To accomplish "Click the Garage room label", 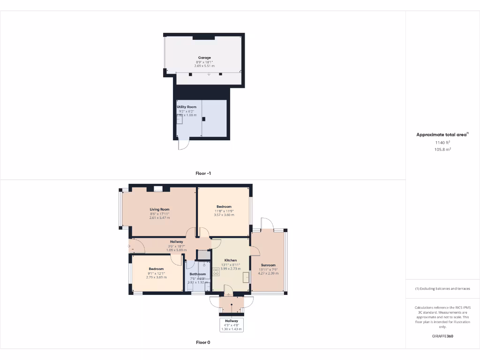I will (x=204, y=58).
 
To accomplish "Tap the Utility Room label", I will (x=187, y=107).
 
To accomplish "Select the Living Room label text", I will (x=159, y=210).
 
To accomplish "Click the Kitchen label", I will (x=231, y=260).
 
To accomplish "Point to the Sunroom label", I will (x=269, y=265).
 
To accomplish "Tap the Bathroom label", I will (x=198, y=274).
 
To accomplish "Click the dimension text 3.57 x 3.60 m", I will (x=224, y=215).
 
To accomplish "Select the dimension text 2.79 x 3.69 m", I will (x=157, y=277).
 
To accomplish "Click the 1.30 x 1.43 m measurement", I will (x=232, y=329).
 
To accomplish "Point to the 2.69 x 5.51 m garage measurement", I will (x=204, y=66).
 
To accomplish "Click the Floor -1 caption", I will (x=203, y=173).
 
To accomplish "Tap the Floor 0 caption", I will (x=203, y=342).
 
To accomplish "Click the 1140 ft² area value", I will (x=442, y=142).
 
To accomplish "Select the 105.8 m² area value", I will (x=442, y=150).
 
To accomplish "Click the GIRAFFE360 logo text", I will (x=442, y=336).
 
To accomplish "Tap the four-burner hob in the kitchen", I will (x=217, y=272).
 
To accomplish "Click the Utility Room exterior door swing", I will (x=183, y=145).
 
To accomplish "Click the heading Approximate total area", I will (x=442, y=135).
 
